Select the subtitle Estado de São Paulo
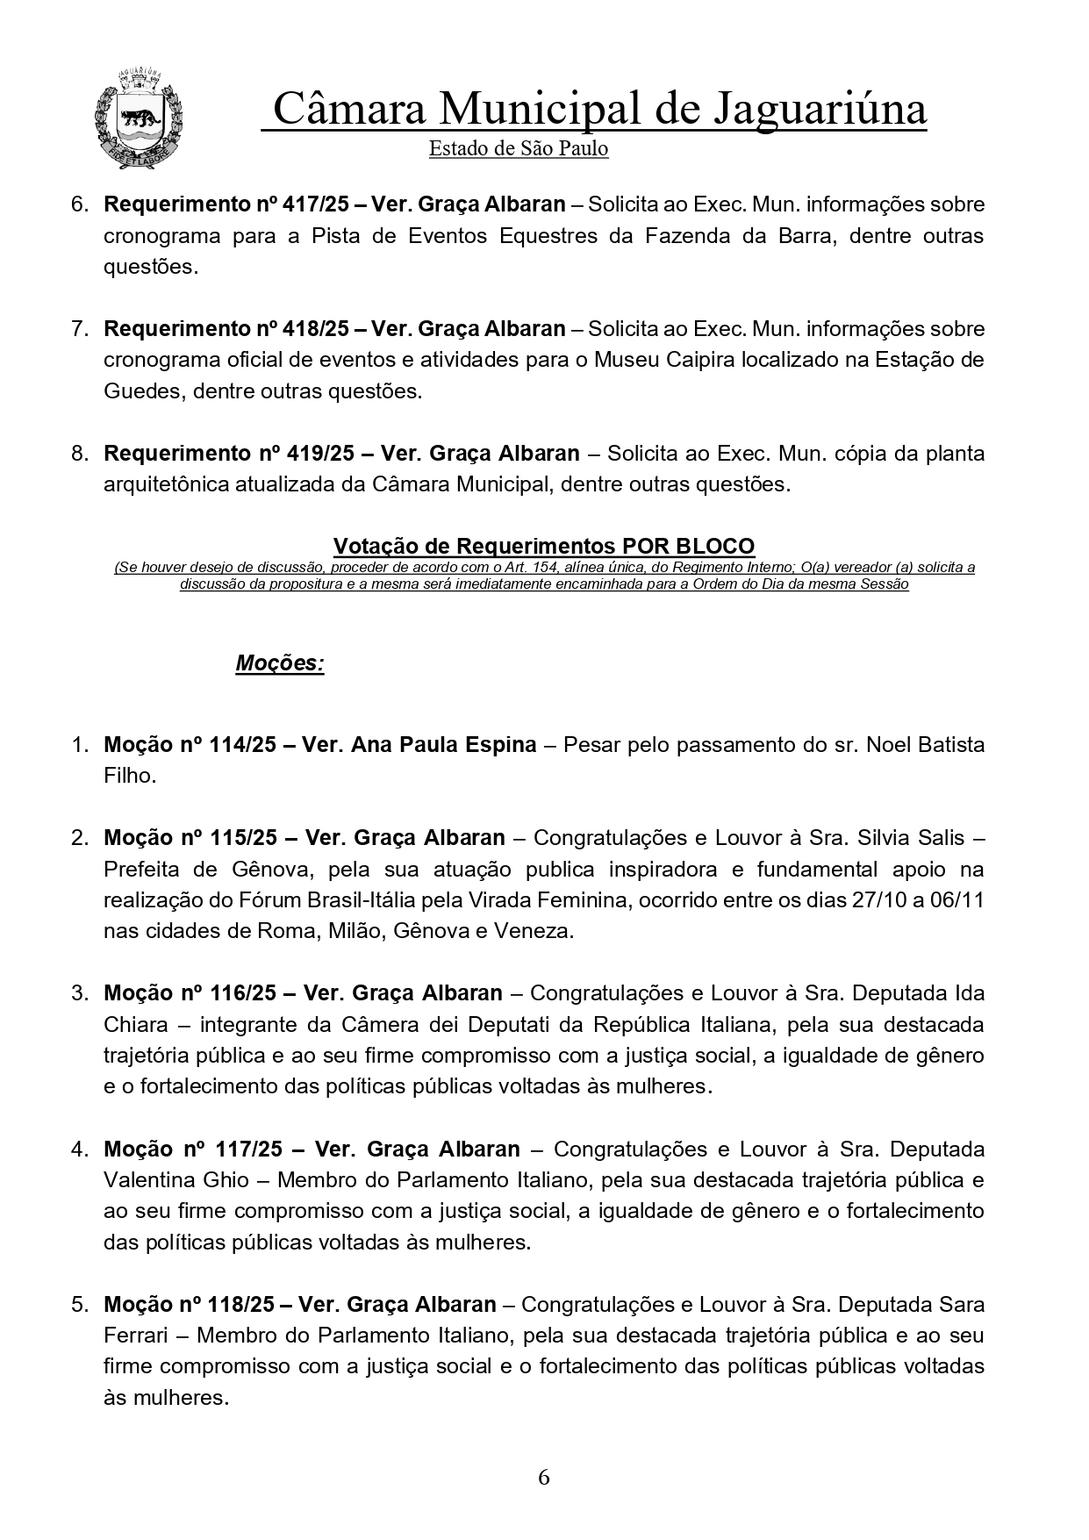518,149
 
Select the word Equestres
554,236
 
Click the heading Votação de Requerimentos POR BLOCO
544,546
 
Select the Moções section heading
280,663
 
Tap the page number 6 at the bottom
544,1478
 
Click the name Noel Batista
926,745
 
